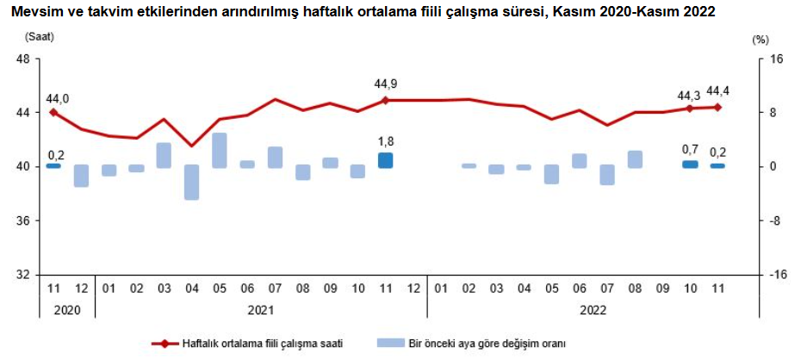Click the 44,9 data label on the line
[x=385, y=84]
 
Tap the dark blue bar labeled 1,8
[x=385, y=160]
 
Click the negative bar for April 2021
[x=191, y=182]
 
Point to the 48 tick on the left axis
[x=23, y=59]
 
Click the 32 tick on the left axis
[x=23, y=275]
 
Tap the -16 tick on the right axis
[x=779, y=275]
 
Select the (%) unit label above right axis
[x=759, y=40]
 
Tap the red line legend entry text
[x=263, y=344]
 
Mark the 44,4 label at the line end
[x=718, y=91]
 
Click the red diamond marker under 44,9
[x=385, y=100]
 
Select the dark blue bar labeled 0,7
[x=690, y=164]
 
